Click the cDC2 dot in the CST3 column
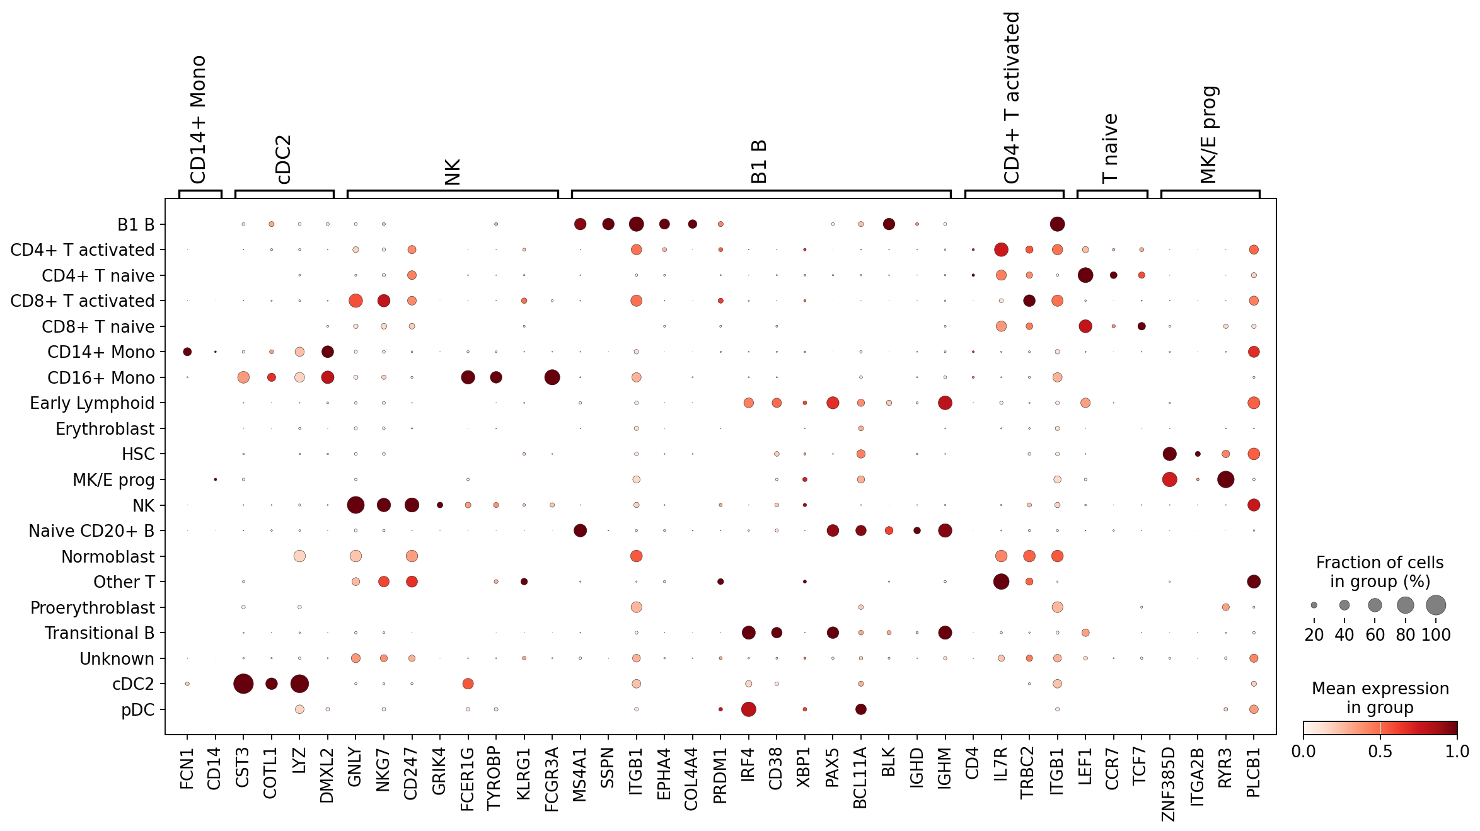click(243, 684)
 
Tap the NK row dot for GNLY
click(356, 505)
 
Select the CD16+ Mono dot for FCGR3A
click(552, 377)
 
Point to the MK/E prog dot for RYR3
click(1226, 479)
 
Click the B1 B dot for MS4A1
click(581, 224)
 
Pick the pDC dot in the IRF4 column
click(749, 709)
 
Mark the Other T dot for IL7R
click(1001, 582)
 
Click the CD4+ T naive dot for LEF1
click(1085, 275)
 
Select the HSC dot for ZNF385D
click(1170, 454)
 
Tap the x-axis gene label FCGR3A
click(552, 779)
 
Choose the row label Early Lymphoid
click(92, 403)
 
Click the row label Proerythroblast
click(93, 608)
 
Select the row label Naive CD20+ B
click(91, 531)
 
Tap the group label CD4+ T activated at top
click(1012, 98)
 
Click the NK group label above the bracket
click(453, 172)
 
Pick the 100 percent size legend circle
click(1436, 605)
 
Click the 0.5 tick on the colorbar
click(1380, 752)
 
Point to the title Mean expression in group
click(1380, 698)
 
